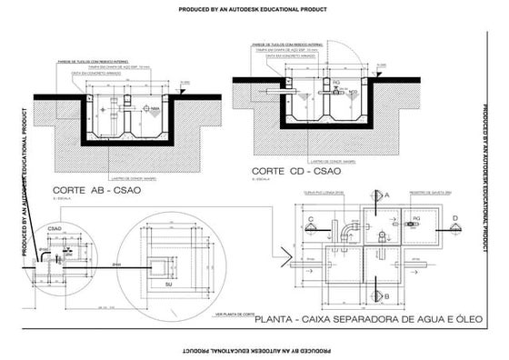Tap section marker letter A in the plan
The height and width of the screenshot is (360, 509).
[386, 195]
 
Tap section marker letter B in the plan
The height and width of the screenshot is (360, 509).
[386, 296]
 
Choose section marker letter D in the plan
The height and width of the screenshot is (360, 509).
[454, 218]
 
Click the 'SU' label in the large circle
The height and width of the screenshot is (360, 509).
[168, 285]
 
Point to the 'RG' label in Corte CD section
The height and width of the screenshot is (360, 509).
[336, 82]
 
